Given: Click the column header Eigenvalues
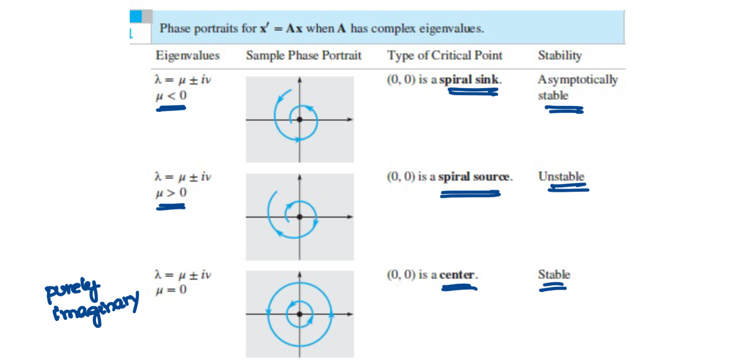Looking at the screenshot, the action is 188,55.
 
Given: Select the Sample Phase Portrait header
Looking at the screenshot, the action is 303,55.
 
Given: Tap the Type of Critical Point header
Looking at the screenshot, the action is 445,55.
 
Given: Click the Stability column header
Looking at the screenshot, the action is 559,55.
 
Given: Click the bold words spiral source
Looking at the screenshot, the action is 474,177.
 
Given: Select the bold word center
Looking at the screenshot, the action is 457,275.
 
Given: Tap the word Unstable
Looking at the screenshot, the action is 561,176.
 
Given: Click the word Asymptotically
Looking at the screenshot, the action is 577,80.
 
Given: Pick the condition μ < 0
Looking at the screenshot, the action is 171,96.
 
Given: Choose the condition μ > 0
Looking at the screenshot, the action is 171,193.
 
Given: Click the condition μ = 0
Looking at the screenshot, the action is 171,290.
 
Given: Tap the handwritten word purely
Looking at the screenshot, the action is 73,290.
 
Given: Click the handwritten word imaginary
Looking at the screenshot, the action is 96,308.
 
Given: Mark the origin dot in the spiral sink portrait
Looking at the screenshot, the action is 299,120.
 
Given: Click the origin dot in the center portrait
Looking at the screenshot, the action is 299,314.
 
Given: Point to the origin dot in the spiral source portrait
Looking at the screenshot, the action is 299,217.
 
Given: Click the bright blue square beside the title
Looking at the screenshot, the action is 135,17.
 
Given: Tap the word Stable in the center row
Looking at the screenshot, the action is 554,275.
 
